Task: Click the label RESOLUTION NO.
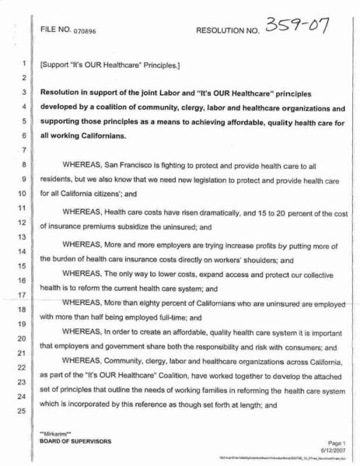click(x=231, y=33)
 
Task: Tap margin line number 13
click(x=24, y=236)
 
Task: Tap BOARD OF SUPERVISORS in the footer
click(x=75, y=441)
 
